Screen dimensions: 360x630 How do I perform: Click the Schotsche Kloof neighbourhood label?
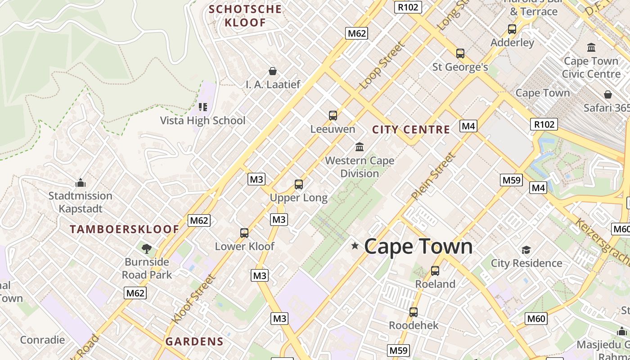tap(245, 16)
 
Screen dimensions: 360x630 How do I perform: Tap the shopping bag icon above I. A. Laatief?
tap(273, 71)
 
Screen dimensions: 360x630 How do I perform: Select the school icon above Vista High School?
tap(203, 107)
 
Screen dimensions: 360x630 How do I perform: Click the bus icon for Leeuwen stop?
tap(333, 116)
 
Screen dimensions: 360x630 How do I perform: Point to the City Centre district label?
tap(411, 130)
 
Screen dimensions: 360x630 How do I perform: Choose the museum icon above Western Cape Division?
tap(360, 147)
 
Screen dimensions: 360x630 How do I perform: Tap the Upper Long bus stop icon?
tap(299, 184)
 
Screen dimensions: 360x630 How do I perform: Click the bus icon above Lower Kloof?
tap(244, 233)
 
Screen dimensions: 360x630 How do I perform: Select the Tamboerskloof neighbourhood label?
tap(125, 229)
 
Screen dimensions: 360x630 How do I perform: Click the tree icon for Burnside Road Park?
tap(147, 248)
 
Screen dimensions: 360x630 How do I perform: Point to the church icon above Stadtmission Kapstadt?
tap(81, 183)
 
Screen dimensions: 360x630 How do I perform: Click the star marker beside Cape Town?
tap(355, 246)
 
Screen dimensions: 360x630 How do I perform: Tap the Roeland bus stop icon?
tap(435, 271)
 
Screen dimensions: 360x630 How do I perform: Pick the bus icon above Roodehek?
tap(414, 312)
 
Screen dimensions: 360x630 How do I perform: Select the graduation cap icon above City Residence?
tap(526, 250)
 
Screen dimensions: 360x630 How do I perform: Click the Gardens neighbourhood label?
tap(194, 342)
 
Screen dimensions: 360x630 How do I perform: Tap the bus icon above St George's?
tap(460, 54)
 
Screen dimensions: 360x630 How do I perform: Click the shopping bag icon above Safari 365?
tap(608, 94)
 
